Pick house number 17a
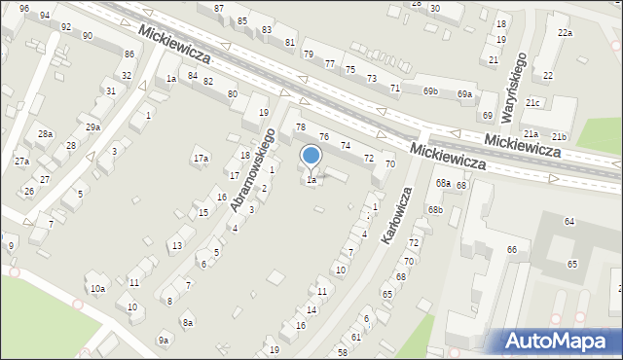click(201, 158)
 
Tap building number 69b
click(431, 91)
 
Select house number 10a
click(97, 289)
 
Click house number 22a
click(565, 33)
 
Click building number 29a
click(92, 127)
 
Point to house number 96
click(23, 8)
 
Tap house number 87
click(219, 8)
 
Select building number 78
click(301, 127)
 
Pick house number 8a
click(188, 322)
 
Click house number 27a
click(21, 161)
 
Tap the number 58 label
click(342, 351)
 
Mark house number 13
click(176, 245)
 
